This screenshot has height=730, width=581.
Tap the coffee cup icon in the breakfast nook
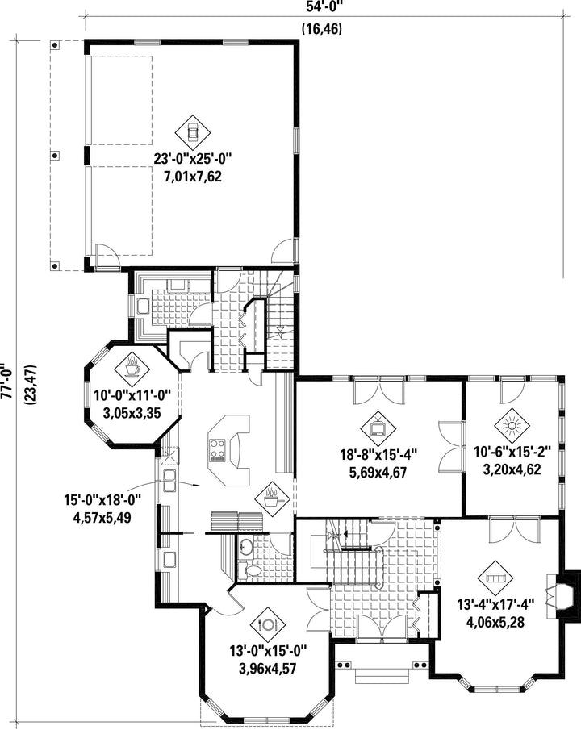132,366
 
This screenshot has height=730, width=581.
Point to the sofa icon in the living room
495,578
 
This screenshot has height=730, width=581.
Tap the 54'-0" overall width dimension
324,6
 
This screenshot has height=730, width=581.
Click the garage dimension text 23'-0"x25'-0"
193,159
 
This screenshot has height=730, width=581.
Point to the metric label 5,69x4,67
378,473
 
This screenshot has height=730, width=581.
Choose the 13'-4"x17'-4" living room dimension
495,605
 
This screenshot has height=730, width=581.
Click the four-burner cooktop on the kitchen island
217,450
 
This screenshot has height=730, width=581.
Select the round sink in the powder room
245,547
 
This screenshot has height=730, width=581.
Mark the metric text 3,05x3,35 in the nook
132,412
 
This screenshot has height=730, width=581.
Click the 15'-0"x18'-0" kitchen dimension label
102,501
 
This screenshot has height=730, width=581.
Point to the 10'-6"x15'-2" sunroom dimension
512,452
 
